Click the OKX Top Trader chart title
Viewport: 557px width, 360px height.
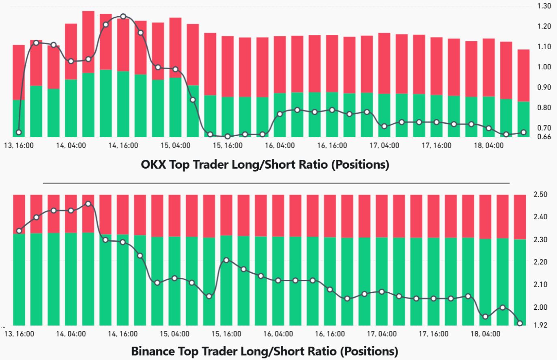[x=265, y=165]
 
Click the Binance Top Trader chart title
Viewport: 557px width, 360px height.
[x=265, y=351]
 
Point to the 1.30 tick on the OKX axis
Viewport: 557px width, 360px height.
[x=544, y=6]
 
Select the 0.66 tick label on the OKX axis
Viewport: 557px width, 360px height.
[x=544, y=137]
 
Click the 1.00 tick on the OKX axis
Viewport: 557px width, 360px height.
[x=544, y=67]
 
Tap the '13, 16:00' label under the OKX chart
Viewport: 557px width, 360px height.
[x=19, y=145]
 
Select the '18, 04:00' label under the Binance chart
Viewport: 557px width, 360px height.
[x=485, y=334]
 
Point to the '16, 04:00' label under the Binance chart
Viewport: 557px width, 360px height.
[x=278, y=334]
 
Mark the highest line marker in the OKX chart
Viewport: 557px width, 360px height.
[x=123, y=17]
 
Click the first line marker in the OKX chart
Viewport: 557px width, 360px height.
[x=19, y=132]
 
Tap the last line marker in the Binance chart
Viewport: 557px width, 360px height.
[x=520, y=323]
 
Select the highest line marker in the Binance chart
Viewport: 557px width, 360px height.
[x=88, y=204]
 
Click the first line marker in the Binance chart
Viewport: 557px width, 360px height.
[x=19, y=231]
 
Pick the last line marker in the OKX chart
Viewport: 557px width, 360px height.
[x=523, y=132]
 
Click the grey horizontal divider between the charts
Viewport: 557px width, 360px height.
[x=276, y=183]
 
